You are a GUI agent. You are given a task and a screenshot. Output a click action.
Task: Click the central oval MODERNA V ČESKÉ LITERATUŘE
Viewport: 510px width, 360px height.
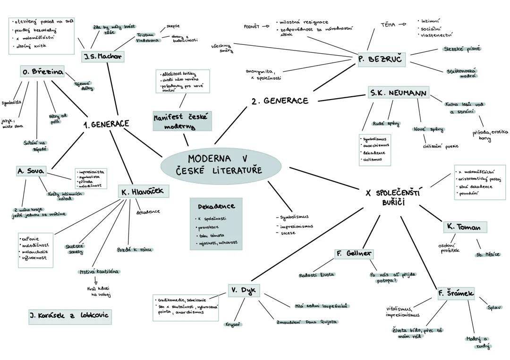tap(221, 165)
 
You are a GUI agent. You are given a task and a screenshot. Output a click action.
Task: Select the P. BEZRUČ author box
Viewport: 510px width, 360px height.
tap(381, 60)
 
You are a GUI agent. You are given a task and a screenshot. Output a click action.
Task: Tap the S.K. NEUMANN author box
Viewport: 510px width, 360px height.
tap(399, 93)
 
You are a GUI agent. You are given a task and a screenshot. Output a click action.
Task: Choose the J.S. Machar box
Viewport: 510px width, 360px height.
tap(102, 57)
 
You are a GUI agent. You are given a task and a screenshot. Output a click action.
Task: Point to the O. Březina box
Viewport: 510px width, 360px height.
tap(42, 72)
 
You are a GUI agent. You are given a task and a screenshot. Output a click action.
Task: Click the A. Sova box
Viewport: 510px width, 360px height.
tap(31, 171)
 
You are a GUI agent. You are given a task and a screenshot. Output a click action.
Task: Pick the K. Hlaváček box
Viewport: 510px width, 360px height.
tap(143, 191)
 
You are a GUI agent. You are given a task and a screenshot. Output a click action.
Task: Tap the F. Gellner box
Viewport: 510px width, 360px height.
tap(354, 253)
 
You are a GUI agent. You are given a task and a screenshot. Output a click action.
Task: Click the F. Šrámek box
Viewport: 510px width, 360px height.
tap(456, 293)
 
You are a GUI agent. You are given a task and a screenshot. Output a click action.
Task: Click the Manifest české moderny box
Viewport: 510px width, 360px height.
tap(182, 121)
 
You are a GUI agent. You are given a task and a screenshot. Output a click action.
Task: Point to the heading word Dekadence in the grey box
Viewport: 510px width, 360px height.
tap(216, 206)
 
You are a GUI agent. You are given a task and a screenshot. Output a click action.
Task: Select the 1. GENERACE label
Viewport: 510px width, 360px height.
tap(106, 124)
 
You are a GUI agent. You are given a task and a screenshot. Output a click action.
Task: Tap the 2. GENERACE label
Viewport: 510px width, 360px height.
tap(280, 100)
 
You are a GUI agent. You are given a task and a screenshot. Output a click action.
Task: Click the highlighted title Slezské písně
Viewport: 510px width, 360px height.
tap(461, 49)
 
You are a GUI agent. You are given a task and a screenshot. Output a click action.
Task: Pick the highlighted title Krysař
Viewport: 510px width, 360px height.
tap(233, 324)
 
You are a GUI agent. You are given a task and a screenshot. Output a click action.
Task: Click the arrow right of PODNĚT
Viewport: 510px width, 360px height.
tap(266, 26)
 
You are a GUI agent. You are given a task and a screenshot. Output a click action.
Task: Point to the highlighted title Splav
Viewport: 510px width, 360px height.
tap(494, 308)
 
